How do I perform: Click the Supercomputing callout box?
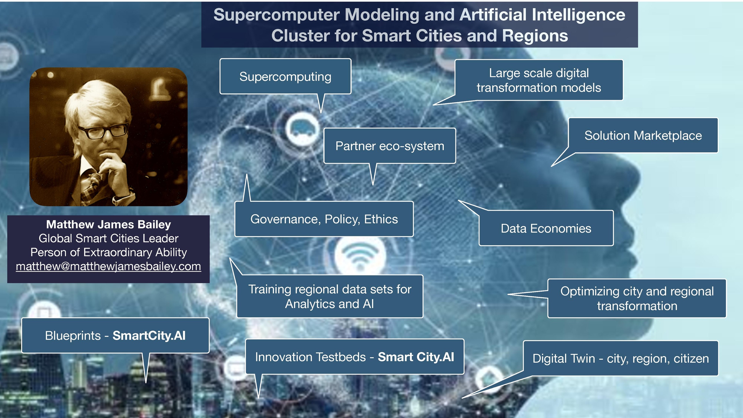pyautogui.click(x=285, y=76)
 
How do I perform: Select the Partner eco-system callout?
pyautogui.click(x=389, y=146)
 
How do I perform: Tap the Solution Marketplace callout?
pyautogui.click(x=643, y=135)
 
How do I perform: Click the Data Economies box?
pyautogui.click(x=546, y=228)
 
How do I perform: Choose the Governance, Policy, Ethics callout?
pyautogui.click(x=324, y=219)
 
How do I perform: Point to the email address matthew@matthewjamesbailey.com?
pyautogui.click(x=108, y=266)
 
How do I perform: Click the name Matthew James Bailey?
pyautogui.click(x=109, y=224)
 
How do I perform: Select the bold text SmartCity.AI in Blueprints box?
pyautogui.click(x=149, y=336)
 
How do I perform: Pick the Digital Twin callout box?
pyautogui.click(x=621, y=358)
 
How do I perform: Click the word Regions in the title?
pyautogui.click(x=535, y=36)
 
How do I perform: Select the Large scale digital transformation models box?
pyautogui.click(x=539, y=80)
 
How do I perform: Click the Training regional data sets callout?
pyautogui.click(x=330, y=296)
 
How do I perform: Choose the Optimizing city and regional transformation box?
pyautogui.click(x=637, y=298)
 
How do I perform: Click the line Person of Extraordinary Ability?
pyautogui.click(x=109, y=252)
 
